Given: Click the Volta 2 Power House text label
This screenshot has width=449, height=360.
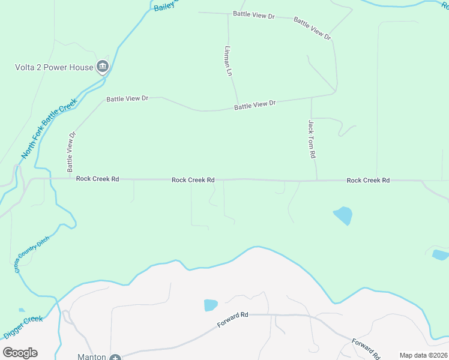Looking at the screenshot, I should click(x=54, y=67).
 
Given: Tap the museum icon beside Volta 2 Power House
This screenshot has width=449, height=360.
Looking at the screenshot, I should click(x=102, y=67).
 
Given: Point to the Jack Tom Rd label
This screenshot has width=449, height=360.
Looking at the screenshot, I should click(x=312, y=139).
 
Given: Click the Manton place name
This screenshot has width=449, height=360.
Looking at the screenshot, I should click(x=92, y=356).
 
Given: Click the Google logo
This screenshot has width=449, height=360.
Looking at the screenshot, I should click(x=20, y=352).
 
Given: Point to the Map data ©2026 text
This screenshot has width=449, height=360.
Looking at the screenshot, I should click(x=424, y=355).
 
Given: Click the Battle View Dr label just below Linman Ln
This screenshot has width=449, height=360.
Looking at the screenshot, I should click(x=255, y=105).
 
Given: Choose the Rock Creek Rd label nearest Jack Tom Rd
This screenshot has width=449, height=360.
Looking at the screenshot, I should click(x=368, y=180).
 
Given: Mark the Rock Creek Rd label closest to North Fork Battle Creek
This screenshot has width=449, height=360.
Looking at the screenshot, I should click(x=97, y=179).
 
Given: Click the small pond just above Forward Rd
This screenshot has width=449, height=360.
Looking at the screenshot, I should click(x=211, y=305).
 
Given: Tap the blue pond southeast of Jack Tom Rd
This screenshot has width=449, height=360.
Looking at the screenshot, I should click(x=343, y=215).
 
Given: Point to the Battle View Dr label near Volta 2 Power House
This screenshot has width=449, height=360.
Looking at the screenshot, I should click(x=127, y=98).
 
